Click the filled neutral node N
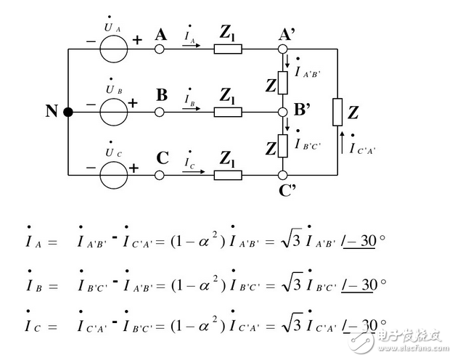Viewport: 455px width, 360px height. [x=68, y=112]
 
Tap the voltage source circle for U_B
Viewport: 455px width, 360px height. [x=114, y=112]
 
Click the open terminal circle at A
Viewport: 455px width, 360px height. [x=160, y=49]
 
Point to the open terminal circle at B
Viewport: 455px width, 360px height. [x=160, y=112]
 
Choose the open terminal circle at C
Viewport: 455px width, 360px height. [x=160, y=175]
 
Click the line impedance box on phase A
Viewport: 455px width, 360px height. [x=228, y=49]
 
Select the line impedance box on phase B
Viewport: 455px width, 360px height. [x=228, y=112]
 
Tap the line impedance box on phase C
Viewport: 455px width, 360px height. [x=228, y=175]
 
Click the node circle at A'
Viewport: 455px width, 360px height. [x=282, y=49]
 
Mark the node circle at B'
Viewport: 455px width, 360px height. [x=282, y=112]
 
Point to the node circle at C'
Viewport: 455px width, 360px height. [x=282, y=175]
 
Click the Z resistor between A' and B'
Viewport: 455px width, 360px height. [x=282, y=83]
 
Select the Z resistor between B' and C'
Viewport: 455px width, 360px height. [x=282, y=146]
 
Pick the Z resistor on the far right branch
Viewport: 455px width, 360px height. [x=337, y=112]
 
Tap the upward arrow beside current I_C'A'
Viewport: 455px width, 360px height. [x=342, y=142]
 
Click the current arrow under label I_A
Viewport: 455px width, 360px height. [x=192, y=45]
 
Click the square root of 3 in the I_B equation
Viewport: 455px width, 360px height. [x=292, y=282]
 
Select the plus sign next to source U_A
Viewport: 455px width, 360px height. [x=137, y=40]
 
